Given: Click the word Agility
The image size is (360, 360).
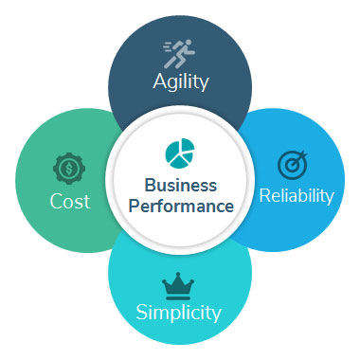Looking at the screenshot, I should tap(180, 81).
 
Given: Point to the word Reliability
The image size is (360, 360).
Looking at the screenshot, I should tap(296, 196).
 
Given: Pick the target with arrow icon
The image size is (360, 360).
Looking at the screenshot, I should tap(292, 164).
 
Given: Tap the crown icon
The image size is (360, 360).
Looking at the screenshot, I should tap(177, 281).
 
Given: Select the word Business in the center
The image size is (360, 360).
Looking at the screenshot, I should tap(180, 185).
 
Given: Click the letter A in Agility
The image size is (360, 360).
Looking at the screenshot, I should tap(160, 81).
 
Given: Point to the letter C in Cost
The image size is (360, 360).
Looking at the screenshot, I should tap(54, 202).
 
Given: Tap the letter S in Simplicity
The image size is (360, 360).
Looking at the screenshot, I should tap(141, 311).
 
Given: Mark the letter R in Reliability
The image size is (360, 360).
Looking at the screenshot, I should tap(263, 196).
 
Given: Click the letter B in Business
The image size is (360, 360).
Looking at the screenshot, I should tap(150, 185).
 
